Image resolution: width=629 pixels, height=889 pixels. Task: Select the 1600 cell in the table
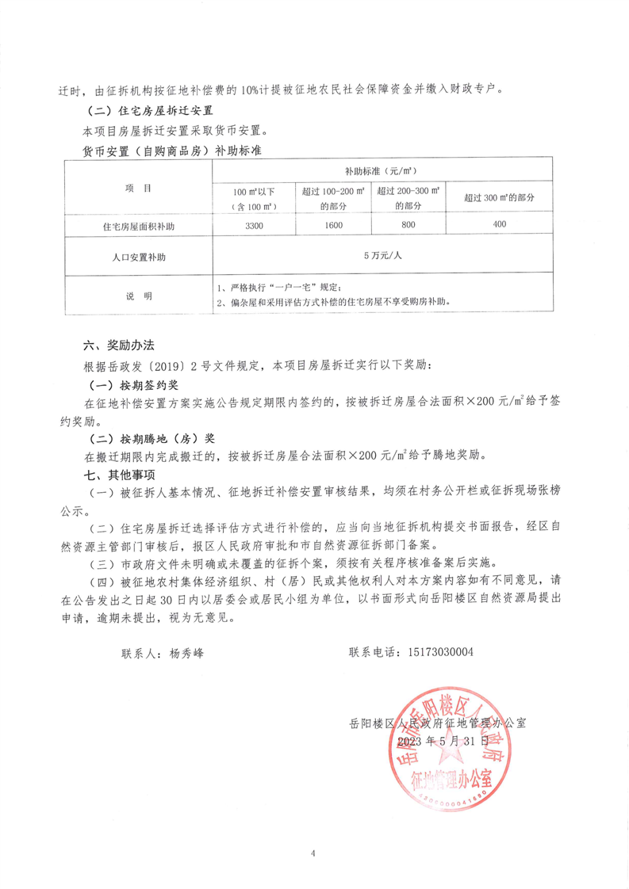pos(332,226)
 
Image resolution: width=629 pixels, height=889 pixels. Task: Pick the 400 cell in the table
pos(499,226)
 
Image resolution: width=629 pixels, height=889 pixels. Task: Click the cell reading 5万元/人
pos(383,256)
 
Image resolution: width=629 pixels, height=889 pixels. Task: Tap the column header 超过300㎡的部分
pos(499,196)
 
